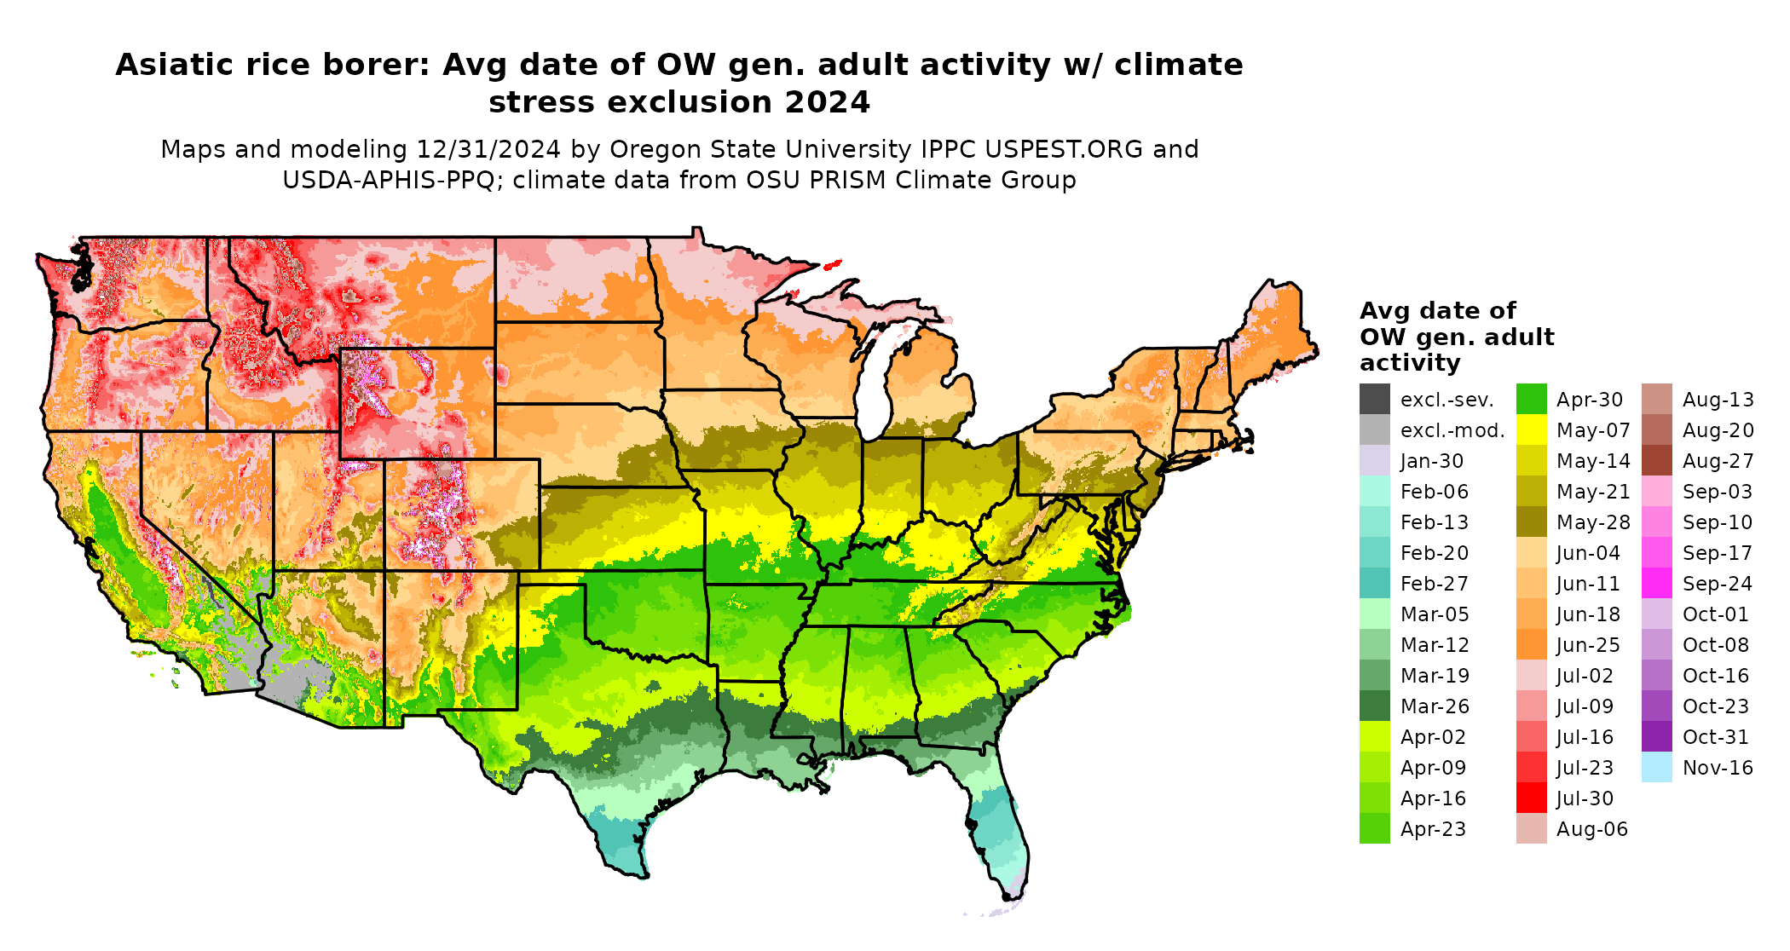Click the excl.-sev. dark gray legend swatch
click(1374, 399)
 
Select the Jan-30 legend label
click(1431, 461)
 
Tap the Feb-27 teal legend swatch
click(1374, 583)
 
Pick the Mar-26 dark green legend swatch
click(1374, 706)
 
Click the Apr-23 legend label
click(1433, 829)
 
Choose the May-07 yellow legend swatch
click(1531, 429)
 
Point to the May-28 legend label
click(1592, 522)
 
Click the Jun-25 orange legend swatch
click(1531, 644)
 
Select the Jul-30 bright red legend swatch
click(1531, 798)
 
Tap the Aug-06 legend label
click(1591, 829)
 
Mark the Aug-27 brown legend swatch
click(1656, 461)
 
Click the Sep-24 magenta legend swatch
click(1656, 583)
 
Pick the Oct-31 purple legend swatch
click(1656, 736)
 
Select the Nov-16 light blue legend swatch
click(1656, 767)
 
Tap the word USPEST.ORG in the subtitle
click(1064, 149)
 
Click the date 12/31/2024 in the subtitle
click(488, 149)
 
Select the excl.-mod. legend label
click(1452, 430)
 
